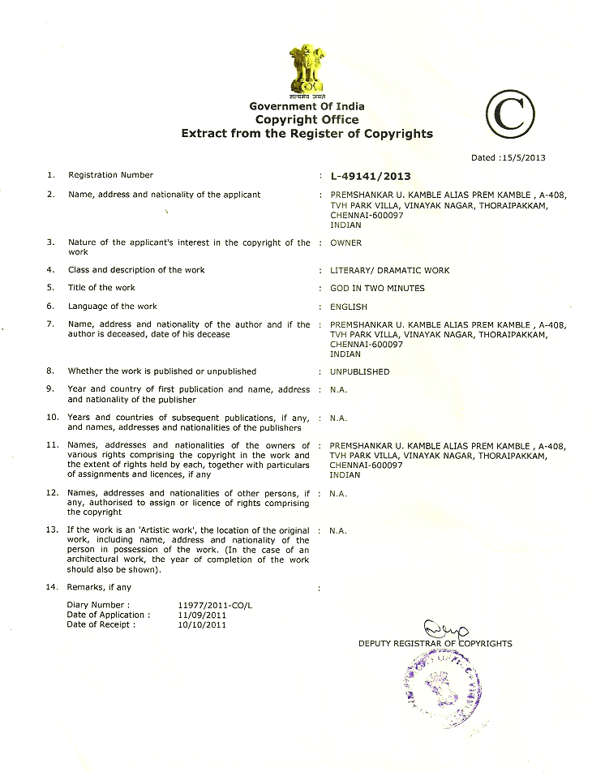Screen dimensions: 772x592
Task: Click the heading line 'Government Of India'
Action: pos(307,106)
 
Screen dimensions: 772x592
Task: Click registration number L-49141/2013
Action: pos(371,176)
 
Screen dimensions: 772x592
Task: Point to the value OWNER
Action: pos(345,242)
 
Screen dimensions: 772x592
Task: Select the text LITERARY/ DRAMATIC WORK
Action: pos(389,270)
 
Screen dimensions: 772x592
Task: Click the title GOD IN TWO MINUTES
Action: pos(377,288)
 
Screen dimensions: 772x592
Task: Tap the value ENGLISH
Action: pos(348,307)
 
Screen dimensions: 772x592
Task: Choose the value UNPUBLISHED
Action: pos(359,371)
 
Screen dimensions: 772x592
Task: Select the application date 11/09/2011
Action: pos(202,615)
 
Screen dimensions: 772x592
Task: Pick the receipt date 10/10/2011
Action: pos(202,624)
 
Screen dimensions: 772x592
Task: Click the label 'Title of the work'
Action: pos(101,288)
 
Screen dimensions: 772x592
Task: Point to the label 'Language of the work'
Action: pos(112,307)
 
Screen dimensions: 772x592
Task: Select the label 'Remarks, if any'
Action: pos(99,587)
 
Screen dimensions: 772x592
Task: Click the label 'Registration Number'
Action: pos(110,175)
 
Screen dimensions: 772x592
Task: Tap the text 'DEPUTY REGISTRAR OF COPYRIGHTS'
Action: pos(435,644)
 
